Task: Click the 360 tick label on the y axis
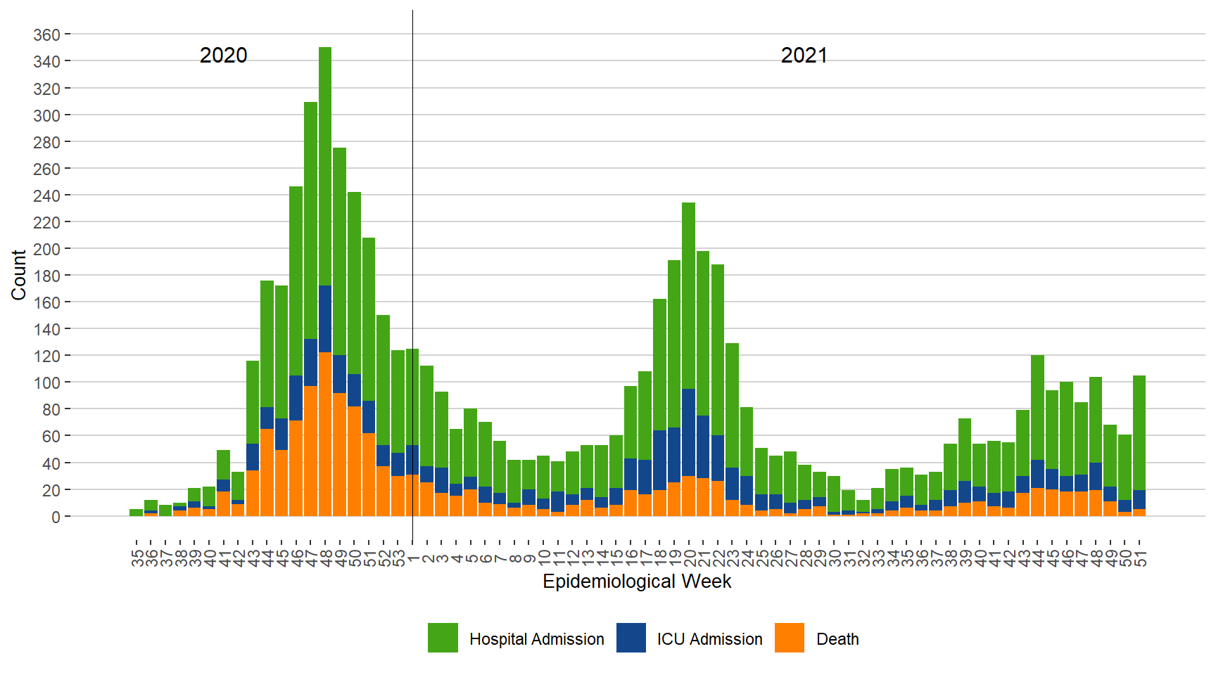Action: (x=46, y=34)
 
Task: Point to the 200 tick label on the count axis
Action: (x=46, y=249)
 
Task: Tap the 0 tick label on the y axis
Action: (x=56, y=517)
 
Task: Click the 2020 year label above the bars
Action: (x=223, y=56)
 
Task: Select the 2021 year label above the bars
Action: (x=804, y=56)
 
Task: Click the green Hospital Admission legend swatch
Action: (x=443, y=638)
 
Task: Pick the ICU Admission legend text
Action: (x=709, y=639)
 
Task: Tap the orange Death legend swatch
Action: (x=789, y=638)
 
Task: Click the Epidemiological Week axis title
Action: (x=637, y=581)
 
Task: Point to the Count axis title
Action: (x=18, y=275)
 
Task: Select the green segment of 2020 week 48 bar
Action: (x=325, y=166)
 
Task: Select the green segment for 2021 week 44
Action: (x=1037, y=408)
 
